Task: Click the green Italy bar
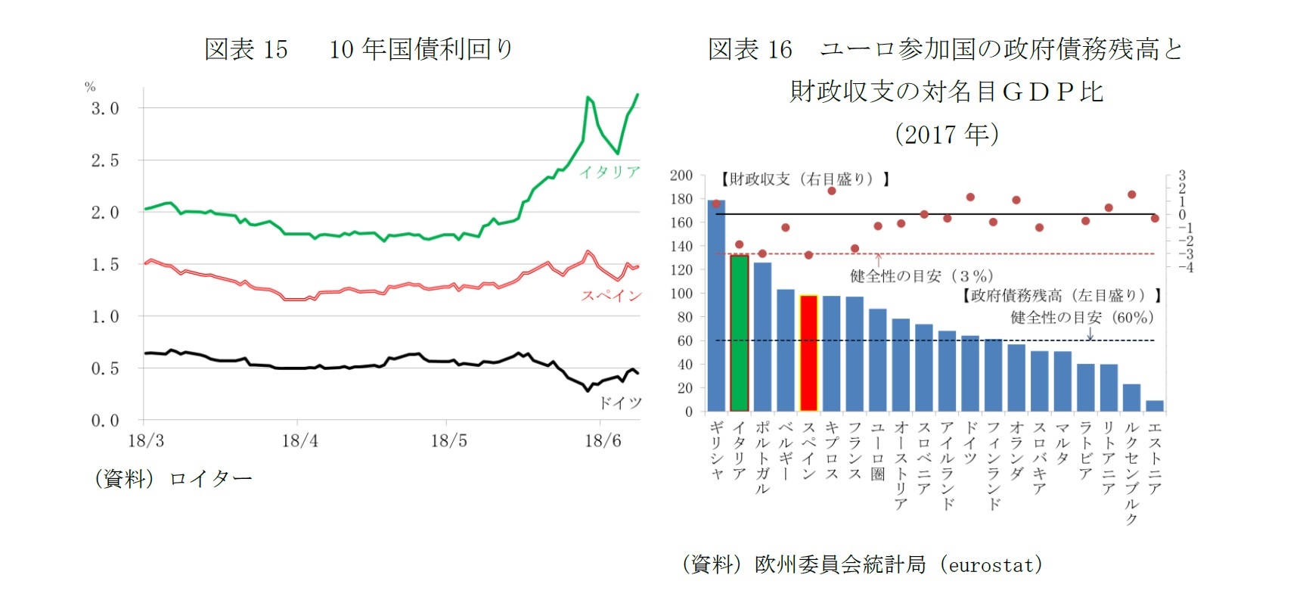(x=739, y=333)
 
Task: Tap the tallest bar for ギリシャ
(x=716, y=306)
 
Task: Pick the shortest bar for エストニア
(x=1155, y=406)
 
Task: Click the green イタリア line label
(x=610, y=173)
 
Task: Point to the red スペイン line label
(x=611, y=296)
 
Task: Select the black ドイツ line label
(x=620, y=403)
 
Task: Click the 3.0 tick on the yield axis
(x=105, y=108)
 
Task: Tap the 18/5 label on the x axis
(x=448, y=441)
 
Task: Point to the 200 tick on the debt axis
(x=681, y=176)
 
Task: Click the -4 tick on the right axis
(x=1185, y=267)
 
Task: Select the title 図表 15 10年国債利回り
(x=359, y=49)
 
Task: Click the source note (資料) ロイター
(x=173, y=479)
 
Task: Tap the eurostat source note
(x=862, y=564)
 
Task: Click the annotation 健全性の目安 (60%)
(x=1081, y=318)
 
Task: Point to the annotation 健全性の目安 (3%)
(x=921, y=276)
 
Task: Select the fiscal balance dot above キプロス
(x=832, y=191)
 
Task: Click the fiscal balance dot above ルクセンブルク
(x=1132, y=194)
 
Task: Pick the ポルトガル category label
(x=762, y=457)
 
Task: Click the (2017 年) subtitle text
(x=946, y=135)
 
